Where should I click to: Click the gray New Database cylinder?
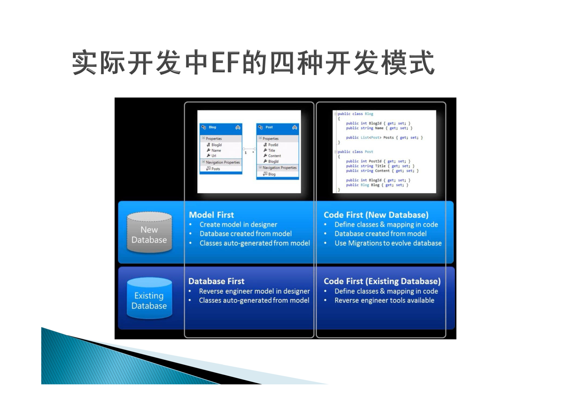tap(150, 232)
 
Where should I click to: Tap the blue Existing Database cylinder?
tap(150, 298)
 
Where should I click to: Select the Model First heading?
tap(211, 215)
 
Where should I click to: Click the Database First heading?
tap(216, 281)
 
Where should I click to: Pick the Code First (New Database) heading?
tap(376, 215)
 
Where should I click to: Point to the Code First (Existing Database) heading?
tap(382, 281)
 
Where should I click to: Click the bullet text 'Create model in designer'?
tap(238, 225)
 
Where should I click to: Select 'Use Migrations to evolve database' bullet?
tap(388, 243)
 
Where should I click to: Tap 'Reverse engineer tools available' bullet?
tap(385, 300)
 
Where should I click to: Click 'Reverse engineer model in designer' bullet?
tap(254, 291)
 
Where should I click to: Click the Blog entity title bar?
tap(221, 127)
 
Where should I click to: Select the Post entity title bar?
tap(278, 127)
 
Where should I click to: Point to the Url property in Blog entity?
tap(214, 156)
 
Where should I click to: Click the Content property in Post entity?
tap(274, 156)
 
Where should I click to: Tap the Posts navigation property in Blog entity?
tap(215, 169)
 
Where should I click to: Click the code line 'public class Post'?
tap(355, 152)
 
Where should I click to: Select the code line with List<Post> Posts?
tap(384, 138)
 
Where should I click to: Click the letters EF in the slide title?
tap(226, 63)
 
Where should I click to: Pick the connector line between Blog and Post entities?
tap(249, 149)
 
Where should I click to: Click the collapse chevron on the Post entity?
tap(294, 127)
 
